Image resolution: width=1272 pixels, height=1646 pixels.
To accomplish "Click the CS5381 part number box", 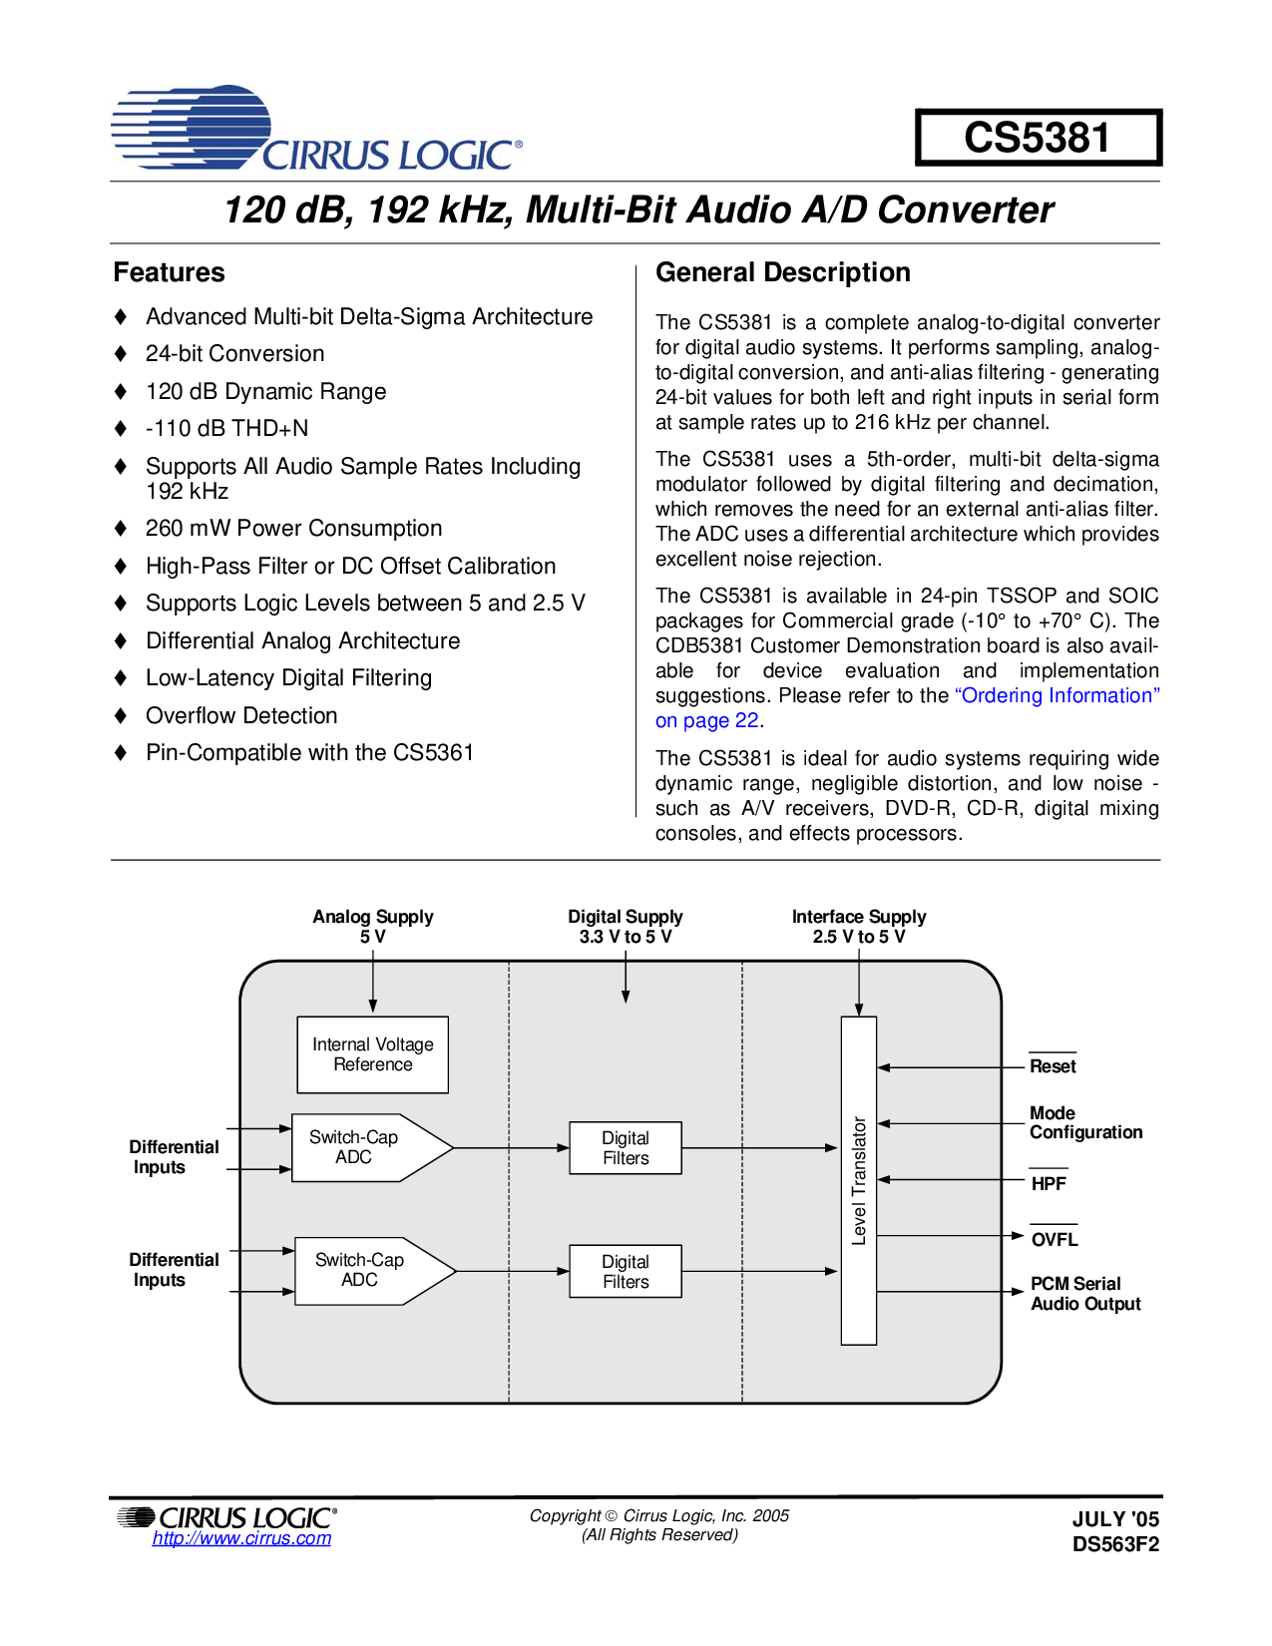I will click(x=1038, y=138).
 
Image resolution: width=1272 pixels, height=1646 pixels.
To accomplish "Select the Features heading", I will click(x=169, y=272).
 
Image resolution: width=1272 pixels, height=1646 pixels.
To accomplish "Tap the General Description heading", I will click(x=782, y=272).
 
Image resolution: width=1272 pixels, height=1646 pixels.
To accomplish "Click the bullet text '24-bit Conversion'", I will click(x=234, y=354).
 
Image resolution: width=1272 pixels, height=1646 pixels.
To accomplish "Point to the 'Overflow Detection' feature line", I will click(x=241, y=716).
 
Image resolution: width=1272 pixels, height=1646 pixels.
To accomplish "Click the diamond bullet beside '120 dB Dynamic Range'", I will click(x=121, y=392).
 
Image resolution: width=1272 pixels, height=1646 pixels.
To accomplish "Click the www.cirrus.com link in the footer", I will click(x=241, y=1538).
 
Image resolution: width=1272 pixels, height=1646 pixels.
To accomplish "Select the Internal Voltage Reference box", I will click(x=372, y=1054).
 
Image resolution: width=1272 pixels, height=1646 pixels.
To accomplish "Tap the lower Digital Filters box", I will click(x=626, y=1271).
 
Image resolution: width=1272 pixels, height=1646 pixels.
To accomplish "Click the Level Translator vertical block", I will click(x=858, y=1180).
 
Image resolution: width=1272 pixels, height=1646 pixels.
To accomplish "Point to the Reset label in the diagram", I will click(x=1053, y=1066).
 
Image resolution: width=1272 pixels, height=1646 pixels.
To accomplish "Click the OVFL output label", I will click(x=1055, y=1240).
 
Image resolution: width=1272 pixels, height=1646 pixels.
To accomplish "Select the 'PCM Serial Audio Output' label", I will click(x=1084, y=1294).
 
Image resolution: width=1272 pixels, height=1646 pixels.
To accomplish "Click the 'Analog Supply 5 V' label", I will click(x=372, y=926).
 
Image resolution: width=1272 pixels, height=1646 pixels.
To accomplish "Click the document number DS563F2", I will click(x=1115, y=1544).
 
